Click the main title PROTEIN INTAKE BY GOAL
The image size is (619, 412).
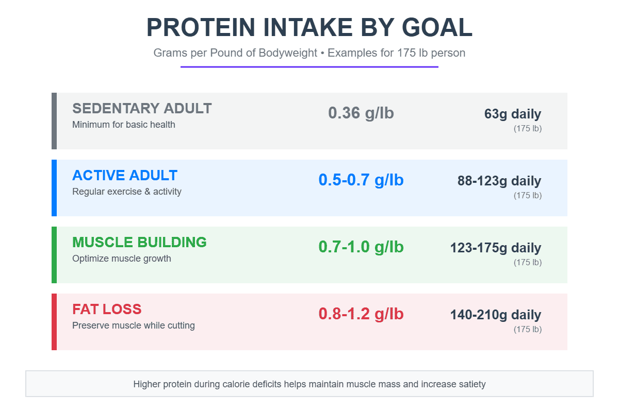click(x=309, y=27)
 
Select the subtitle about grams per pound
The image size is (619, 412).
click(x=309, y=53)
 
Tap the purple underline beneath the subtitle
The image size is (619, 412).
click(x=309, y=67)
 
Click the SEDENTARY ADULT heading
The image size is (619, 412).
click(x=142, y=109)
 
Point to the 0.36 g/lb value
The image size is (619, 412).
click(x=361, y=113)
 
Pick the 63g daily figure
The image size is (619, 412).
click(x=513, y=114)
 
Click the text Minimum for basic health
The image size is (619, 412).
click(x=124, y=125)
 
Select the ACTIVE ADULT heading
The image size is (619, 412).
click(x=125, y=176)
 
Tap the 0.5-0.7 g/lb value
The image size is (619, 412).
click(x=361, y=180)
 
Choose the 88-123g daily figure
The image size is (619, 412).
click(x=499, y=181)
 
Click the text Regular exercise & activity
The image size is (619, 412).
click(x=127, y=192)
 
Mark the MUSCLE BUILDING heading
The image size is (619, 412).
click(x=139, y=243)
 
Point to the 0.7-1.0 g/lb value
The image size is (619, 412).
click(x=361, y=247)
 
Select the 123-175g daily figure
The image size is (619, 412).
click(x=496, y=248)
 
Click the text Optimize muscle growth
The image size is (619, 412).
click(x=122, y=259)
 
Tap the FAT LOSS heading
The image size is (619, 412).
click(x=107, y=310)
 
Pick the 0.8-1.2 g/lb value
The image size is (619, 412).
click(x=361, y=314)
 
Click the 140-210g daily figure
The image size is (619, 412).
click(x=496, y=315)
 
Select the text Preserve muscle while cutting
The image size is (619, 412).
click(x=134, y=325)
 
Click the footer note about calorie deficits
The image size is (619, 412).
click(x=309, y=384)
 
